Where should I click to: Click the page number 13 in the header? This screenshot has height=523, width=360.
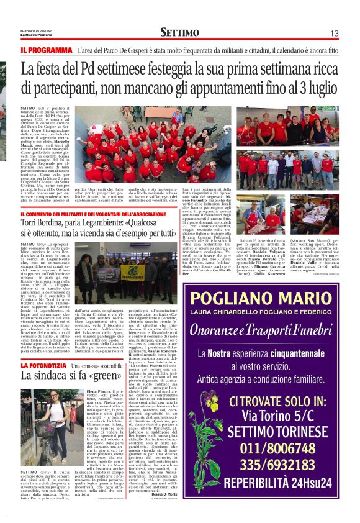(333, 33)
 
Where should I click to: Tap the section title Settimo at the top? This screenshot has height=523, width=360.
(179, 32)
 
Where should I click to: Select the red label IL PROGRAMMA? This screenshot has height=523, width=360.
(47, 50)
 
